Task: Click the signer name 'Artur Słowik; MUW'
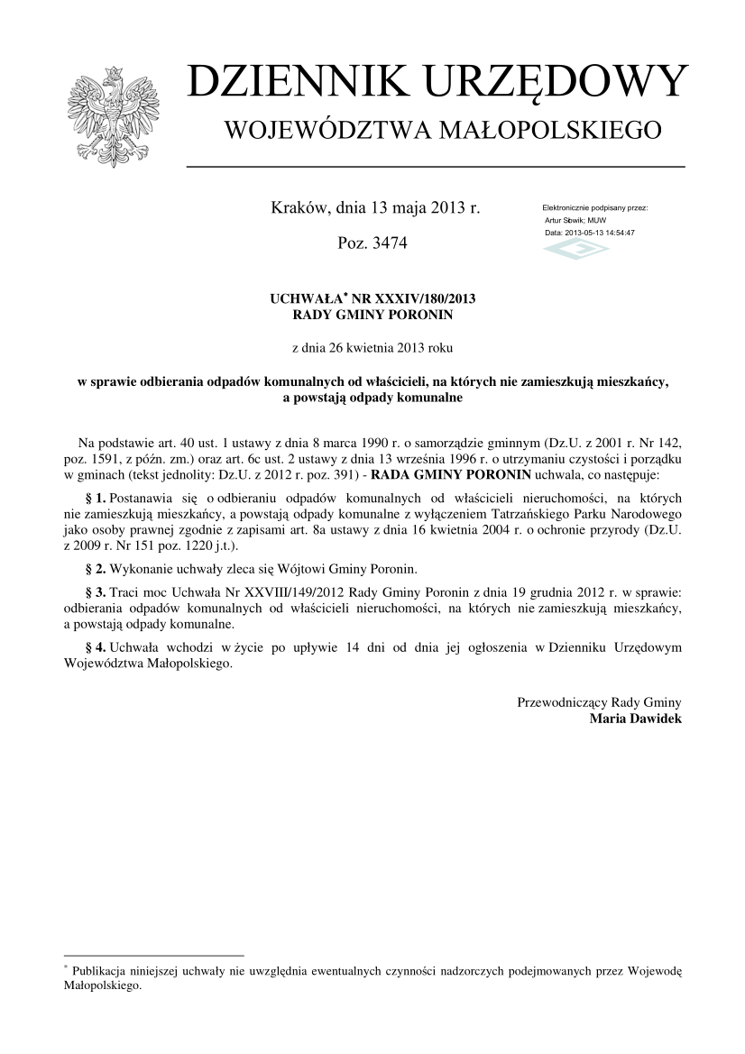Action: pyautogui.click(x=575, y=220)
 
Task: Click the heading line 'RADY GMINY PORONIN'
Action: pyautogui.click(x=373, y=316)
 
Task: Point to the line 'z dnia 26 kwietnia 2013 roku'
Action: pyautogui.click(x=373, y=347)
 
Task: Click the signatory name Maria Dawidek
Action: pyautogui.click(x=635, y=719)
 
